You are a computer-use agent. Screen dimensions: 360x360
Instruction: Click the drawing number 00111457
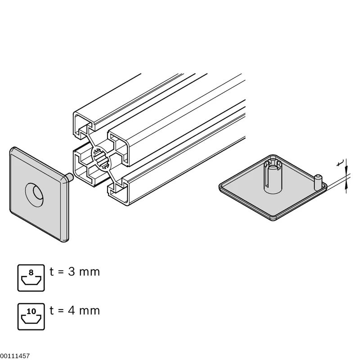[x=15, y=356]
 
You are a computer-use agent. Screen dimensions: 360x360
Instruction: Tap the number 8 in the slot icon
[x=31, y=273]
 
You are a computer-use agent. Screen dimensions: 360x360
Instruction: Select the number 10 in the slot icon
[x=31, y=311]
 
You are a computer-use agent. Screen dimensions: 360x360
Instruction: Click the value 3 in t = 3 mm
[x=72, y=272]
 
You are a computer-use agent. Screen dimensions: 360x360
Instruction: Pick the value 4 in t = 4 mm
[x=72, y=310]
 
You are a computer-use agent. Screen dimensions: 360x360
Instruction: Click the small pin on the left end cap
[x=70, y=177]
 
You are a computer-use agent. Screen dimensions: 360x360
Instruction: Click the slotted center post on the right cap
[x=273, y=175]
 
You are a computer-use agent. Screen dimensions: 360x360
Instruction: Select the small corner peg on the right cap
[x=317, y=183]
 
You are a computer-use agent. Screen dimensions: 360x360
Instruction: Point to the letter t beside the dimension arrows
[x=339, y=163]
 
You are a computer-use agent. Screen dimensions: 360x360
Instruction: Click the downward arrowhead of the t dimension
[x=346, y=171]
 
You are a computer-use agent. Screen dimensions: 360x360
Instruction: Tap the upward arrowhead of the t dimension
[x=346, y=184]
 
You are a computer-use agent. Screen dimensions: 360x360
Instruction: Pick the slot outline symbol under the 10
[x=31, y=319]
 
